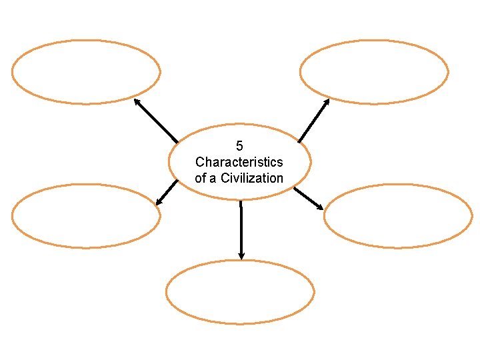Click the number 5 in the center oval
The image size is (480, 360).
tap(239, 146)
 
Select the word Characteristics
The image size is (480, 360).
tap(239, 162)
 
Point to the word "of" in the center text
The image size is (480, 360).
tap(201, 178)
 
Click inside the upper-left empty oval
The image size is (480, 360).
tap(86, 71)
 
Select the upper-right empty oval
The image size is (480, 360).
tap(374, 71)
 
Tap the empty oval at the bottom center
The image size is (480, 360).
tap(240, 292)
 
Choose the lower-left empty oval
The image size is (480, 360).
tap(86, 215)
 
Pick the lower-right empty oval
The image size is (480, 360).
tap(398, 215)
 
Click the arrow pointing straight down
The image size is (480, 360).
tap(241, 230)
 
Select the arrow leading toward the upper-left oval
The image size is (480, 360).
tap(156, 121)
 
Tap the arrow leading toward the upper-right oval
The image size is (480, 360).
tap(313, 121)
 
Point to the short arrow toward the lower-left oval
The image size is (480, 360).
tap(167, 192)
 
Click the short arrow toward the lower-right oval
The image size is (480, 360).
tap(309, 198)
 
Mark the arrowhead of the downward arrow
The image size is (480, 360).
tap(241, 255)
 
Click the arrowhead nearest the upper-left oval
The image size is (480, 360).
tap(137, 102)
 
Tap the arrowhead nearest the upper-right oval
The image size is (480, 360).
tap(326, 102)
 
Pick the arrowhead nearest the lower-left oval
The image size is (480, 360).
tap(159, 202)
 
